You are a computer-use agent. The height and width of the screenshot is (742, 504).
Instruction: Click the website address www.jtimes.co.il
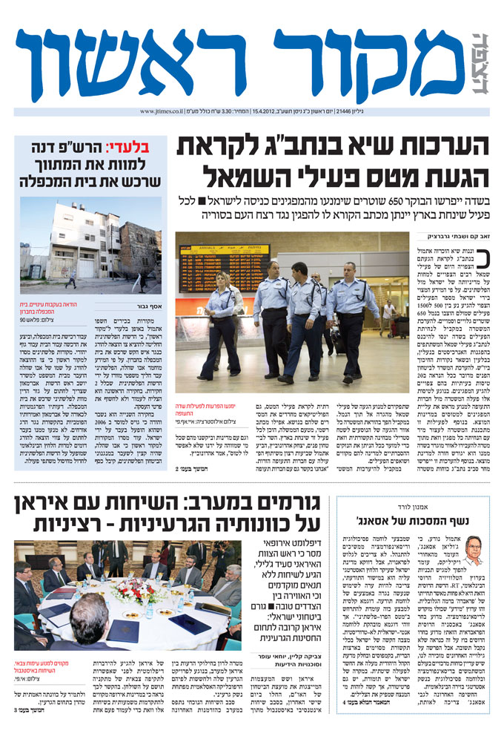162,112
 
